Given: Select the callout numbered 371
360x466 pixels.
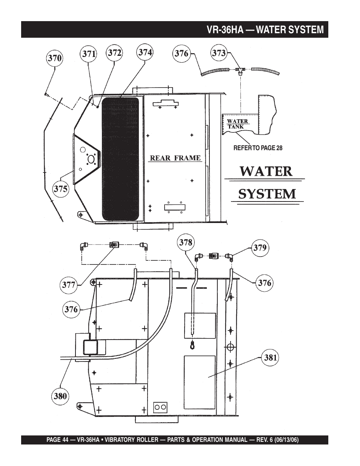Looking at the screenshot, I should point(89,54).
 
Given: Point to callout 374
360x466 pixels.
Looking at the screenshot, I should point(145,52).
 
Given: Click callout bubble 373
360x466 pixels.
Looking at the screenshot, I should point(218,53).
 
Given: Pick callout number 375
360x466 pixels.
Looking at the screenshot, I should point(60,188).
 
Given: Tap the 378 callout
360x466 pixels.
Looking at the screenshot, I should point(186,242).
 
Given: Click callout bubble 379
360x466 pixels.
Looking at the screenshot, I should point(260,248).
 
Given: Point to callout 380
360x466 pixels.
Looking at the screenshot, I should point(60,396).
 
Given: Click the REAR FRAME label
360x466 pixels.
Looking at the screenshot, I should point(175,158).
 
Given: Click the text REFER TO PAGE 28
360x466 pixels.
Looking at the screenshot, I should point(258,148).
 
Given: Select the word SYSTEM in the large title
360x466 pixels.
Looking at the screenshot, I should point(267,194).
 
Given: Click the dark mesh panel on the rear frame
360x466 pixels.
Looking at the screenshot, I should point(120,158).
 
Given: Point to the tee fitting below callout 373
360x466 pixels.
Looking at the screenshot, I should point(239,70).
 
